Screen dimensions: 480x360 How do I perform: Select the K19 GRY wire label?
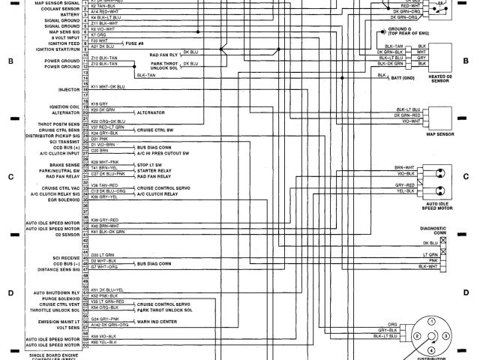coord(99,103)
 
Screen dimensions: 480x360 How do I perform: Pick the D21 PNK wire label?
coord(99,138)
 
